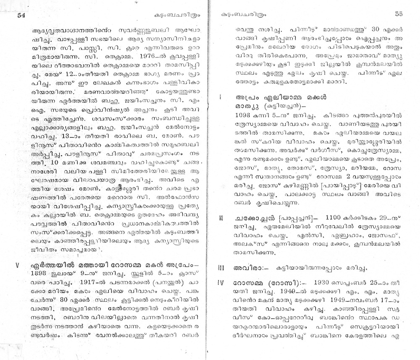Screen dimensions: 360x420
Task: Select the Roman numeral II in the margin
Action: coord(221,218)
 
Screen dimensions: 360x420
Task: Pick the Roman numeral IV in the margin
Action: coord(221,282)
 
